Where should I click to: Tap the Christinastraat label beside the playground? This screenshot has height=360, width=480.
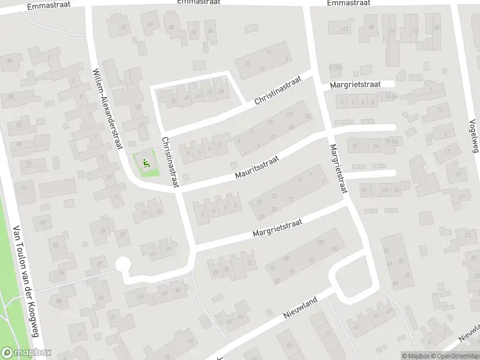pyautogui.click(x=169, y=162)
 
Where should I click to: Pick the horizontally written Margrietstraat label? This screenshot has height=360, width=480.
pyautogui.click(x=356, y=86)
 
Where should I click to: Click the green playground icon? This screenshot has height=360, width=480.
pyautogui.click(x=146, y=162)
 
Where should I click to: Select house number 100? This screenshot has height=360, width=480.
pyautogui.click(x=319, y=242)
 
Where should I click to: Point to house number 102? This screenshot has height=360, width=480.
pyautogui.click(x=334, y=249)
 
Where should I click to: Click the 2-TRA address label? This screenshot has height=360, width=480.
pyautogui.click(x=335, y=67)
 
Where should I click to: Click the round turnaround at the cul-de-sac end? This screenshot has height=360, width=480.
pyautogui.click(x=124, y=264)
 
